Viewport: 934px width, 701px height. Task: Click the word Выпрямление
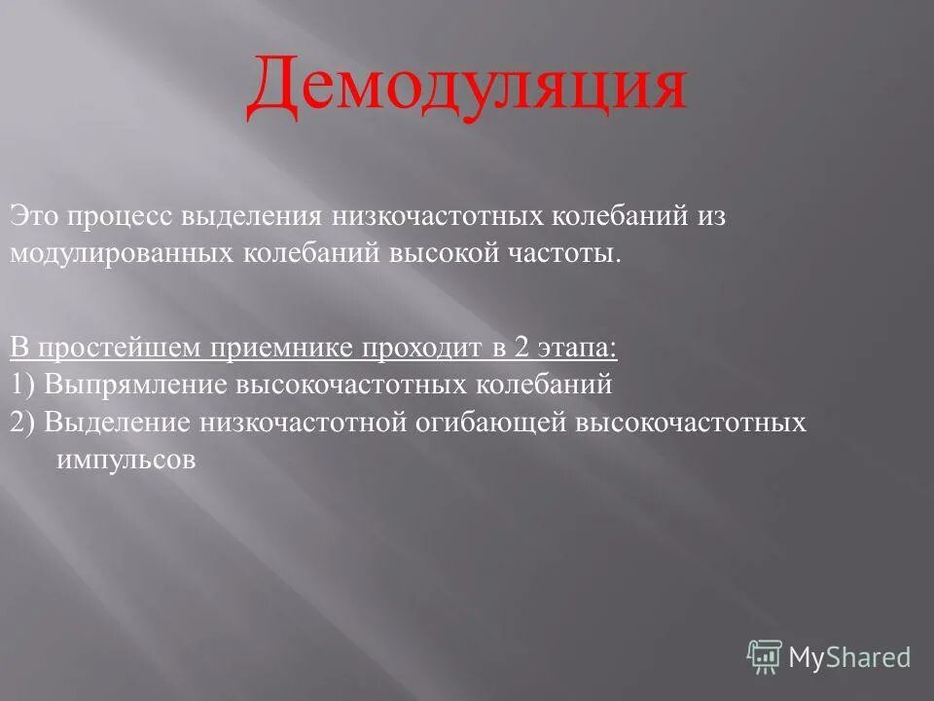click(x=136, y=384)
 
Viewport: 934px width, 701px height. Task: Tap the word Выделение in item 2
click(x=118, y=422)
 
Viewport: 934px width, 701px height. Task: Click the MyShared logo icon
click(x=765, y=657)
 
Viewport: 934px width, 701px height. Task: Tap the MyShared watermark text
click(x=849, y=658)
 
